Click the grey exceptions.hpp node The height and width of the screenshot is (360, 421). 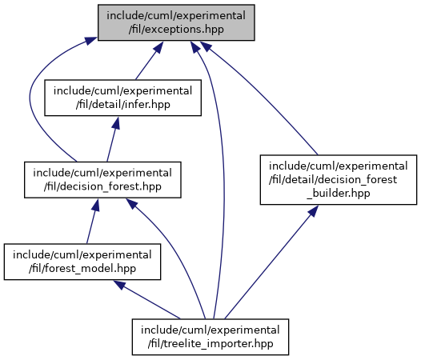tap(176, 22)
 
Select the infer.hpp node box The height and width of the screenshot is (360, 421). tap(122, 98)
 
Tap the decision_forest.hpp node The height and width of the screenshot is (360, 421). tap(102, 180)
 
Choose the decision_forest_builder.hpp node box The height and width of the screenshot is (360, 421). tap(339, 179)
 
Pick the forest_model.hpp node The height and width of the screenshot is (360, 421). tap(82, 262)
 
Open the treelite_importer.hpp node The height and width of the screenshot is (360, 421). tap(210, 337)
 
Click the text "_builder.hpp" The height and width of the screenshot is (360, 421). tap(339, 194)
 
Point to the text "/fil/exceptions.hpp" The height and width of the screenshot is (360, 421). tap(176, 30)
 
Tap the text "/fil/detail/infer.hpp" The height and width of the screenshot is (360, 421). tap(122, 105)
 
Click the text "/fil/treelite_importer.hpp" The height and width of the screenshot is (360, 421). tap(210, 344)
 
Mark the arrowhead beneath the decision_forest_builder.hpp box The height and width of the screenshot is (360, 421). tap(313, 210)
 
